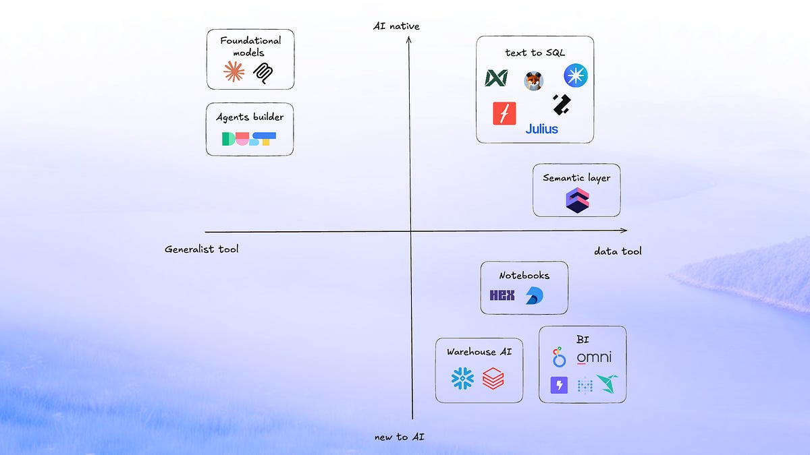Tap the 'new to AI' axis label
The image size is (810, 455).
point(400,437)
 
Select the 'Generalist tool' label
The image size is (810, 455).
point(201,249)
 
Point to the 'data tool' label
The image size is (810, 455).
point(618,251)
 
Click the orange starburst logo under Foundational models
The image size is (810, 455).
point(234,71)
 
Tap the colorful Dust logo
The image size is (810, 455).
point(249,139)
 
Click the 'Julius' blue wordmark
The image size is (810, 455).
point(541,128)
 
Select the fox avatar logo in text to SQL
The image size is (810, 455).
point(533,82)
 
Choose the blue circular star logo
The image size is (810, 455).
point(576,75)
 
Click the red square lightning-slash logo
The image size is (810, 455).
point(504,113)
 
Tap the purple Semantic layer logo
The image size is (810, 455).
point(577,201)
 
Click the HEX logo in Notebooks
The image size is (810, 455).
point(502,295)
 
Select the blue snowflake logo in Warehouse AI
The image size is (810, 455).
point(463,379)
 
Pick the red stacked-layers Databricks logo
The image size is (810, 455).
point(493,379)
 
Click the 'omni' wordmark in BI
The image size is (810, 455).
point(594,357)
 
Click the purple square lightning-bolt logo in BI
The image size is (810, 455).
point(560,385)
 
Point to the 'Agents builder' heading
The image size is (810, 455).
point(250,117)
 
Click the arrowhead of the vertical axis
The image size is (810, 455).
point(409,40)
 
